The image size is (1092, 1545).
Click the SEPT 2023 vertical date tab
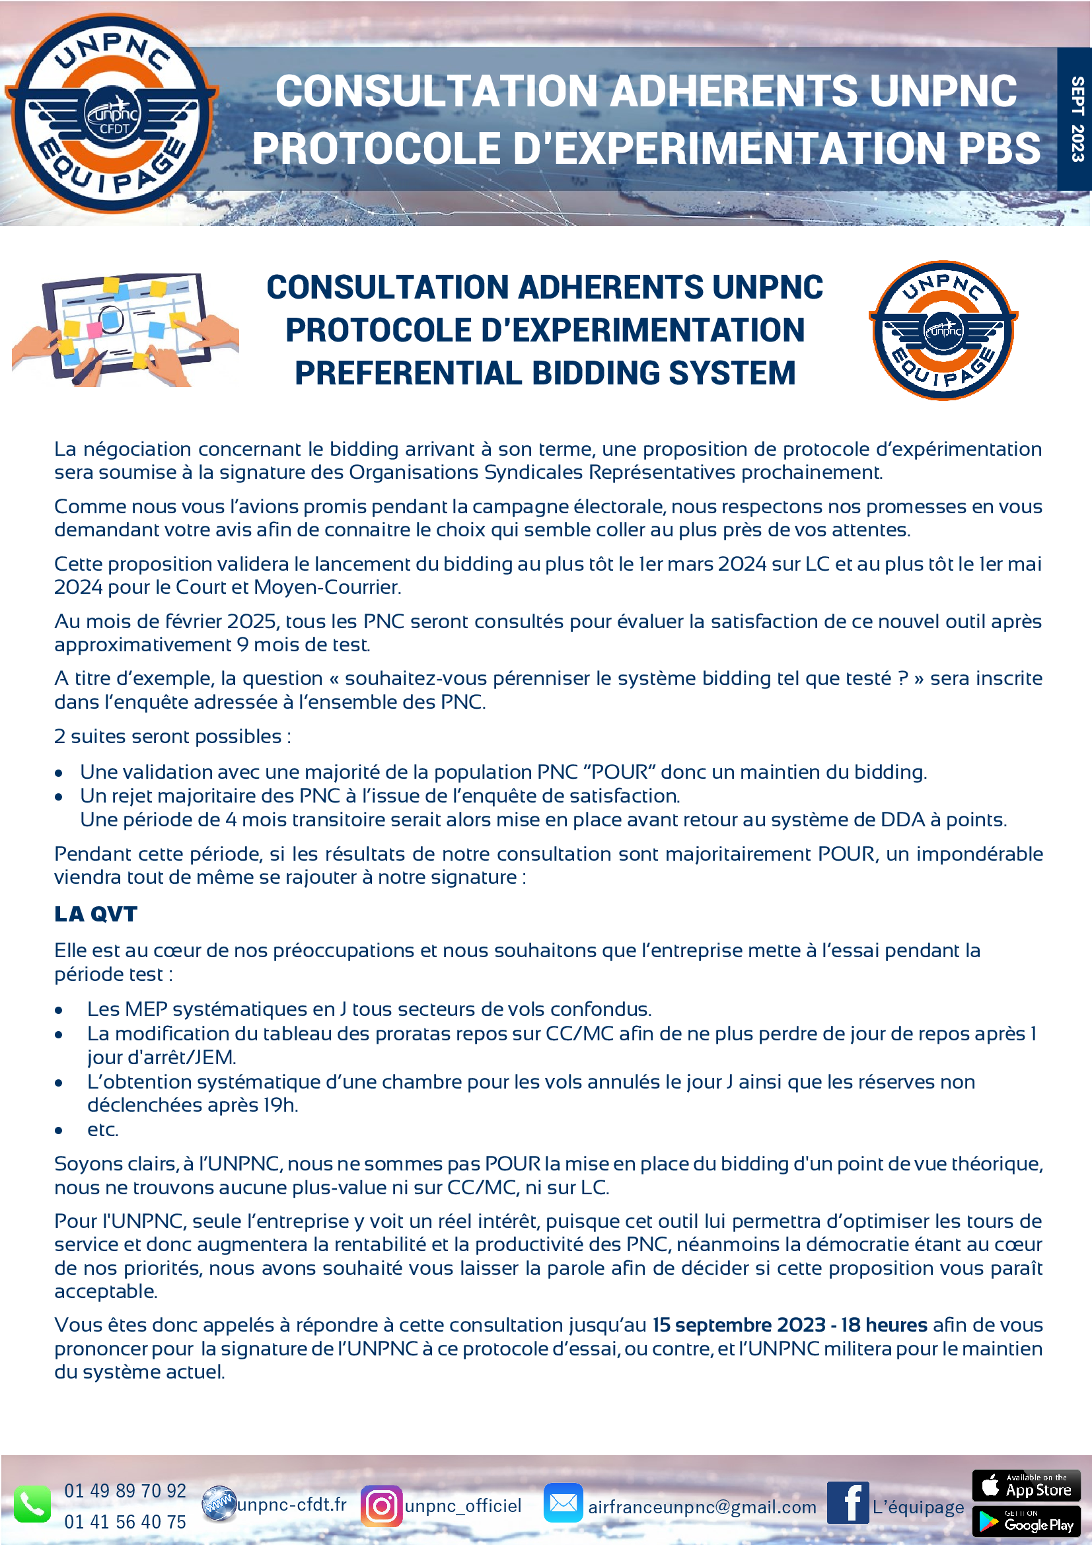[x=1076, y=118]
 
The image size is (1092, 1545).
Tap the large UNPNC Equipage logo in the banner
[x=112, y=113]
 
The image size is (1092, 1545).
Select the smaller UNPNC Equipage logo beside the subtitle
[x=943, y=330]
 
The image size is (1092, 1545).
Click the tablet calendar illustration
[x=125, y=329]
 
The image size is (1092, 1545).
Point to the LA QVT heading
[x=96, y=914]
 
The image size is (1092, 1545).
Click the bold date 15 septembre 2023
[x=739, y=1324]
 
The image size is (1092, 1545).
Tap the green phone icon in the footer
[x=32, y=1503]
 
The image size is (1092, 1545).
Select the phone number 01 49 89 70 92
[x=125, y=1490]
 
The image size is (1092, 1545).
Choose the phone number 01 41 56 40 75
[x=125, y=1521]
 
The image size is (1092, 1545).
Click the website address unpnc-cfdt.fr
[x=292, y=1504]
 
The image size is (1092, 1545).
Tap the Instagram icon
[x=381, y=1506]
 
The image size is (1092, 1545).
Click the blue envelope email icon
[x=562, y=1503]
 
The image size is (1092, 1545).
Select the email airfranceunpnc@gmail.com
[x=702, y=1507]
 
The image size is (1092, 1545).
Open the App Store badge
[x=1026, y=1485]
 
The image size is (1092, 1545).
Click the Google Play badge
[x=1026, y=1522]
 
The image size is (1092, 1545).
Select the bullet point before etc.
[x=59, y=1130]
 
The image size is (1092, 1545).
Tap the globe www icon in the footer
[x=219, y=1504]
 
